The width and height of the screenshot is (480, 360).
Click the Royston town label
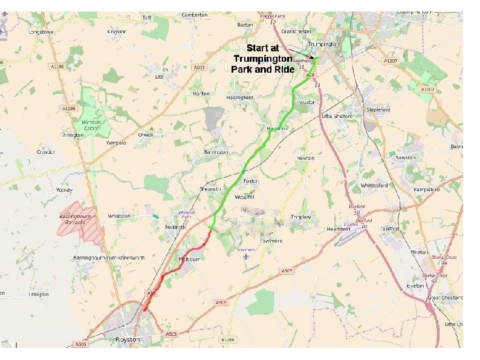(127, 340)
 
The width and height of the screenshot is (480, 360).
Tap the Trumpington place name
(323, 44)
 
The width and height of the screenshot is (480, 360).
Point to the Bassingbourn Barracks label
(74, 220)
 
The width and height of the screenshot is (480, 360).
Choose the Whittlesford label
(374, 185)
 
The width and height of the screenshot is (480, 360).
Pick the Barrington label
(216, 152)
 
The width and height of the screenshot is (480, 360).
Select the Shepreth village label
(210, 189)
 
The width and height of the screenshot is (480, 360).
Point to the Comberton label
(195, 15)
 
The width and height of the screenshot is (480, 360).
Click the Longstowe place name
(42, 31)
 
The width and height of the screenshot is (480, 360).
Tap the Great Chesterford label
(445, 298)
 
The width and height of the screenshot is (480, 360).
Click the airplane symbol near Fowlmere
(245, 257)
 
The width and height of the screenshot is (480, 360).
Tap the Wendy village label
(64, 190)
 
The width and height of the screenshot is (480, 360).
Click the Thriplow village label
(300, 217)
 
